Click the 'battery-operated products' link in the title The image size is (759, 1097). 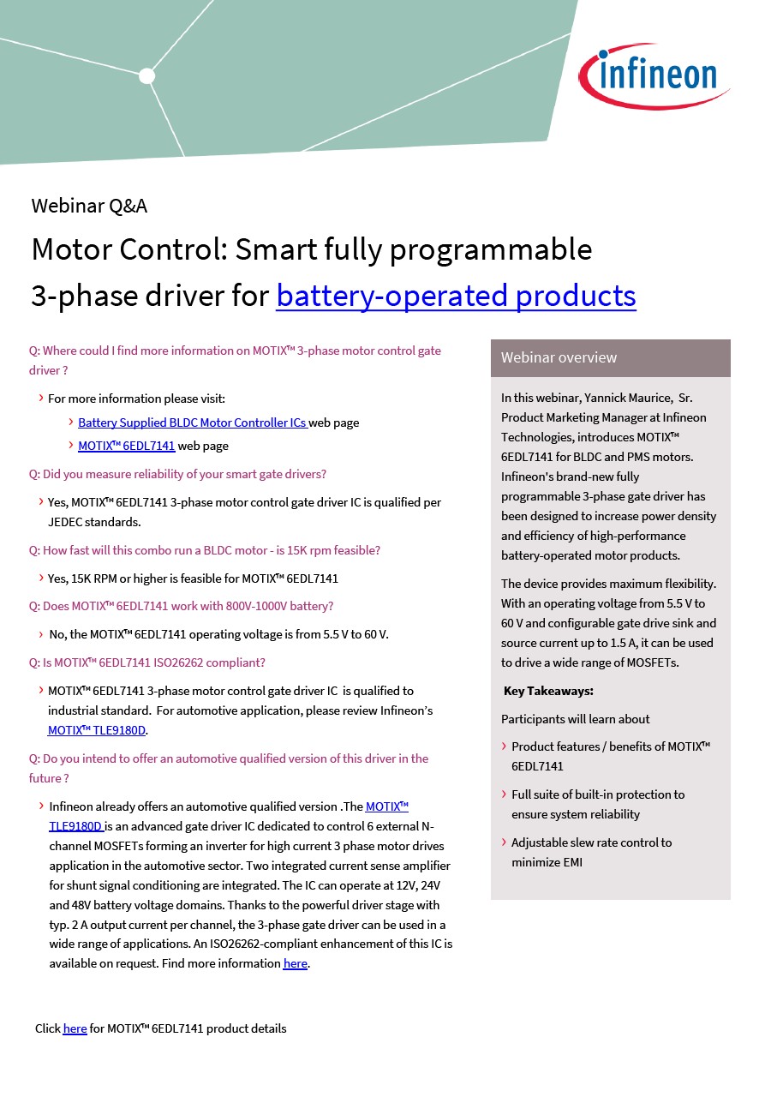click(x=456, y=296)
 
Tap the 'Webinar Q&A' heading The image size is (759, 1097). click(x=89, y=206)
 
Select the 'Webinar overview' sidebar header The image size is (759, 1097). click(x=559, y=357)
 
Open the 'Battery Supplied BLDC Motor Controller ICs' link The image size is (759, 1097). click(x=192, y=423)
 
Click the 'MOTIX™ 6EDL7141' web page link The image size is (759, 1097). click(x=126, y=446)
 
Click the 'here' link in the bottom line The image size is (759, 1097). click(x=75, y=1028)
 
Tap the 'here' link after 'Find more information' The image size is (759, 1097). click(x=295, y=963)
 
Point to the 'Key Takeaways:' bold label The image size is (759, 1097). click(x=548, y=691)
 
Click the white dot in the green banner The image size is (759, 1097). click(x=146, y=75)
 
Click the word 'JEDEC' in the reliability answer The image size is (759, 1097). click(x=64, y=522)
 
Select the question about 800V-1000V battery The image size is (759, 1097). click(x=181, y=606)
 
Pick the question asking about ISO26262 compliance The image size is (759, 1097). click(x=146, y=662)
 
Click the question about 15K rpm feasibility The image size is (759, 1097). click(x=204, y=550)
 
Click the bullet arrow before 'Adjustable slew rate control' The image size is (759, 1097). click(x=504, y=842)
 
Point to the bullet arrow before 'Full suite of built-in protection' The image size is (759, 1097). click(x=504, y=794)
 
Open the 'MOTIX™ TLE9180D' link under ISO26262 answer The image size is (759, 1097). click(x=97, y=730)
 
